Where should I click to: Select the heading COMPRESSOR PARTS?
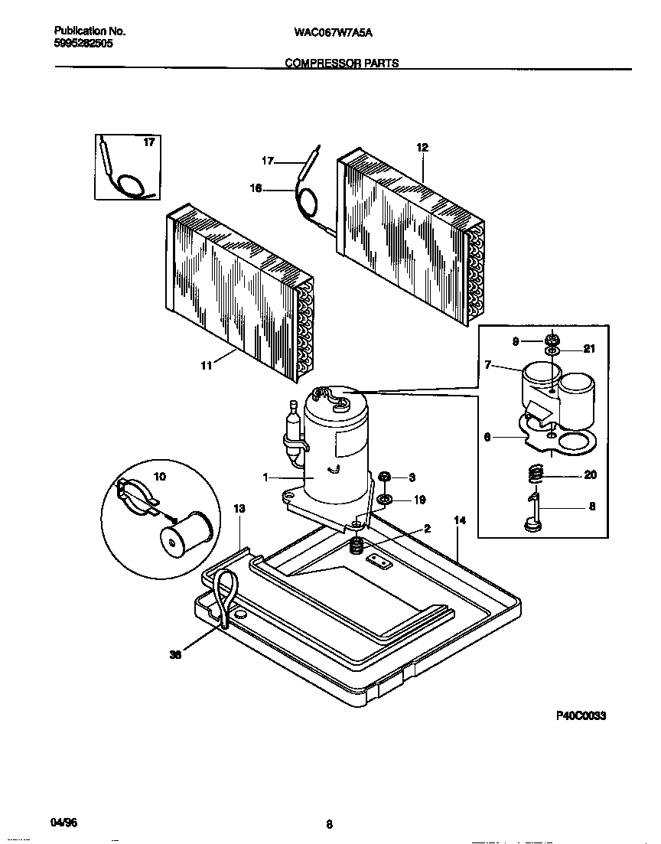[x=342, y=64]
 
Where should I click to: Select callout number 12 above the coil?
[x=422, y=147]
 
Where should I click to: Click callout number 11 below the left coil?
[x=206, y=367]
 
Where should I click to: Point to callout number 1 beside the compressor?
[x=265, y=477]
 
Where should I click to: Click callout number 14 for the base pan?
[x=460, y=520]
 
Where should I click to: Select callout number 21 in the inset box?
[x=588, y=349]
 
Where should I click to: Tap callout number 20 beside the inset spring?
[x=589, y=474]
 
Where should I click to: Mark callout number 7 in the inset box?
[x=487, y=365]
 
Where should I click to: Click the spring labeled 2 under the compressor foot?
[x=355, y=546]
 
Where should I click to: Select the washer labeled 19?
[x=386, y=500]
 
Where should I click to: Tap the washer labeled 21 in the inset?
[x=552, y=350]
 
